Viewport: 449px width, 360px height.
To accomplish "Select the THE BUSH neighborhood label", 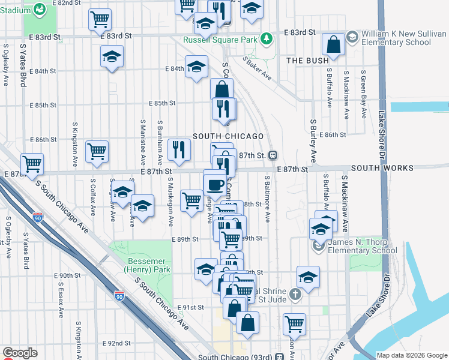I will pos(307,61).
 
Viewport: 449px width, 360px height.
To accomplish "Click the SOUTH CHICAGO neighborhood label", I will pos(228,136).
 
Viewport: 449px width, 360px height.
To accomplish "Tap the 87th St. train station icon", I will pos(273,155).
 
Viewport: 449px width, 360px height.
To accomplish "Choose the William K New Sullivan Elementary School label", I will pos(395,38).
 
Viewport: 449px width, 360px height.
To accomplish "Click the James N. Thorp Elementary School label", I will pos(363,247).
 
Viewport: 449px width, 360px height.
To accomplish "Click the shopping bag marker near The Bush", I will pos(333,44).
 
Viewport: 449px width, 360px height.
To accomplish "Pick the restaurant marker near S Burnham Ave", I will pos(178,149).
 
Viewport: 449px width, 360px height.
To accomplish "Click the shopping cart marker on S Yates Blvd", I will pos(32,163).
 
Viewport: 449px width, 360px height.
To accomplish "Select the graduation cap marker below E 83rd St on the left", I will pos(112,58).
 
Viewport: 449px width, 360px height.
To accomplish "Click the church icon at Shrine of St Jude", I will pos(294,294).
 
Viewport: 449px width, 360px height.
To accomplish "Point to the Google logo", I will pos(20,353).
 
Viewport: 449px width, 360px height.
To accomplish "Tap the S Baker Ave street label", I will pos(258,69).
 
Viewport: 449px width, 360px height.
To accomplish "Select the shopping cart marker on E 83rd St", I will pos(100,20).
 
